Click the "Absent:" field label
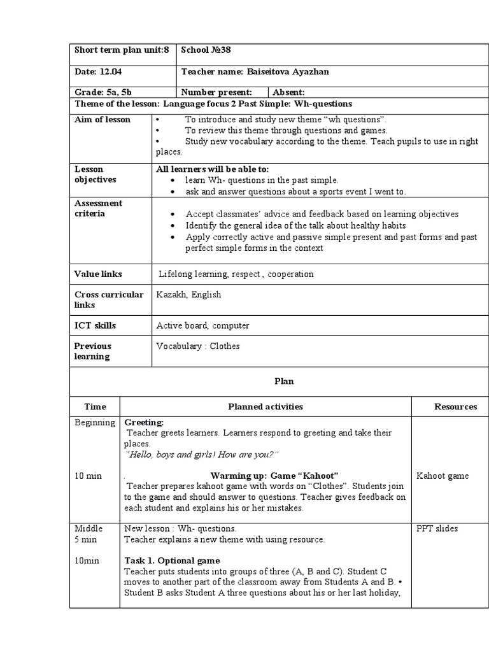coord(288,92)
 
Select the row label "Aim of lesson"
coord(103,120)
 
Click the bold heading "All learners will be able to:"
coord(213,169)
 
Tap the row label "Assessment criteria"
coord(99,208)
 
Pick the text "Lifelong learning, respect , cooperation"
coord(236,274)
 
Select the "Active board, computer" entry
coord(202,325)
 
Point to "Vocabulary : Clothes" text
coord(198,346)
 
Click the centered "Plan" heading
coord(284,381)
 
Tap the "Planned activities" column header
coord(266,406)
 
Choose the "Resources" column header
coord(455,406)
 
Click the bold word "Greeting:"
coord(144,422)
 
